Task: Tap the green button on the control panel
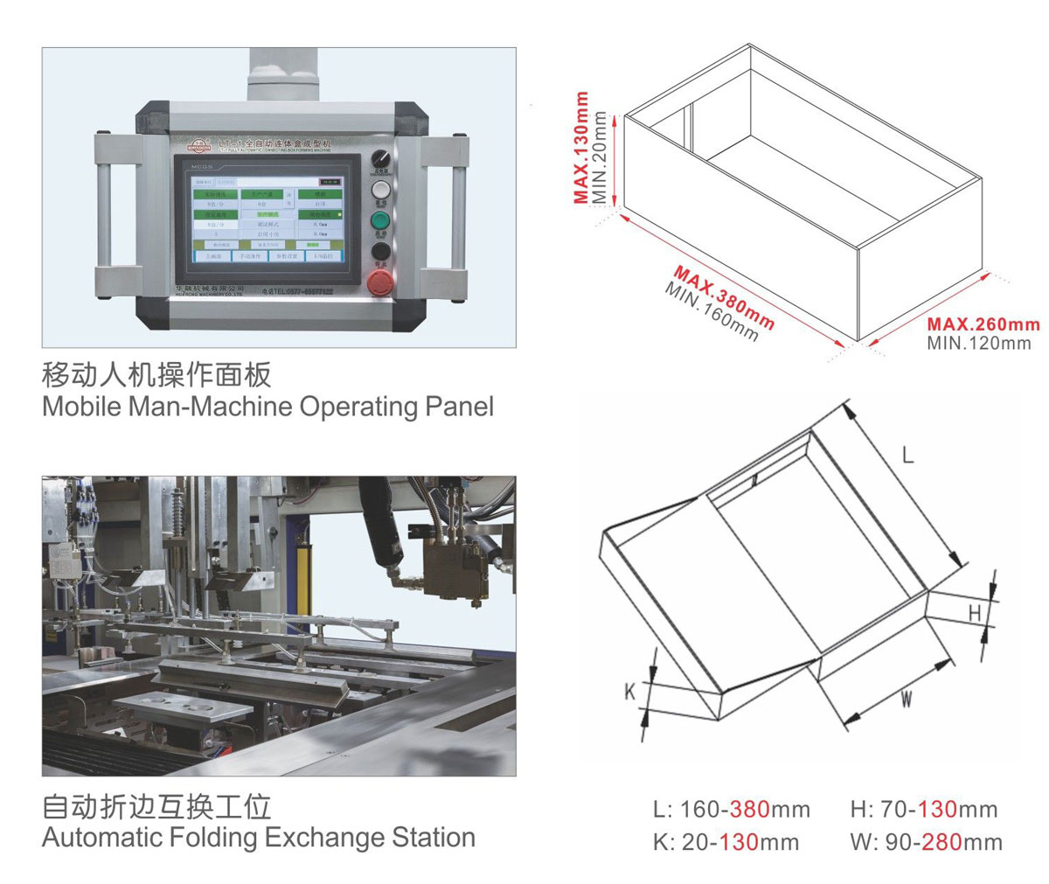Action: pos(380,219)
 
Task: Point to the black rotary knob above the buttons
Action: pos(379,158)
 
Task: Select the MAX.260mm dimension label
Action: pos(983,324)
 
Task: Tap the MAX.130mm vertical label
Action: pos(582,148)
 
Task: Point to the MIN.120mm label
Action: pos(979,343)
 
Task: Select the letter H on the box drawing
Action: pos(975,614)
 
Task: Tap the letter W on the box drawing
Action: pos(907,699)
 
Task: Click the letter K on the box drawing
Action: pos(629,692)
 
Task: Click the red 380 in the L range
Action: pos(749,809)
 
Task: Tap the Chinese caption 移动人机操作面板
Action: pos(156,375)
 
